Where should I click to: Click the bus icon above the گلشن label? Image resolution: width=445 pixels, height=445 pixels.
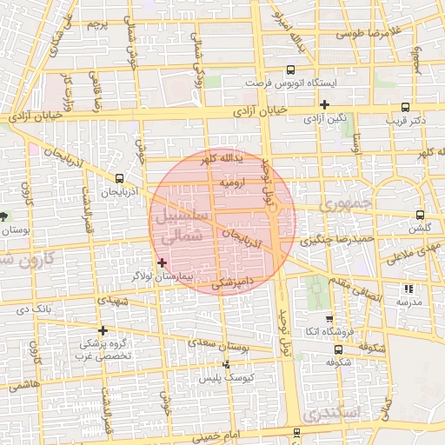coord(420,215)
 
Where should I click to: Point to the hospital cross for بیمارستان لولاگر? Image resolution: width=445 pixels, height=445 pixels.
coord(162,262)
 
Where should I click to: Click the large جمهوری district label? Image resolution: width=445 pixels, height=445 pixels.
coord(344,205)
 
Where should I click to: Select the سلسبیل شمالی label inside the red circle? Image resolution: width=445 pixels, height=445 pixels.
coord(181,225)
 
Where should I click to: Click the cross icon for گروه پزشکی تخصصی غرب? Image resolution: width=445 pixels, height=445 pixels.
coord(103,330)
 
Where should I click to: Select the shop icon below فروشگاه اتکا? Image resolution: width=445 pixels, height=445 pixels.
coord(337,349)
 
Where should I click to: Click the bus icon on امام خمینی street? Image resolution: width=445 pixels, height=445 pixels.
coord(296,431)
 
